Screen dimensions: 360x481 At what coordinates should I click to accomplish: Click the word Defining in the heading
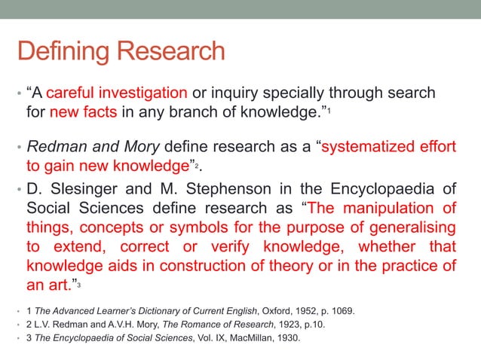(x=57, y=51)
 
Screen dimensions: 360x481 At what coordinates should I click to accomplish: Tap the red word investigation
(x=142, y=93)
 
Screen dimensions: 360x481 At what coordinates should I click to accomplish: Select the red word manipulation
(x=387, y=208)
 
